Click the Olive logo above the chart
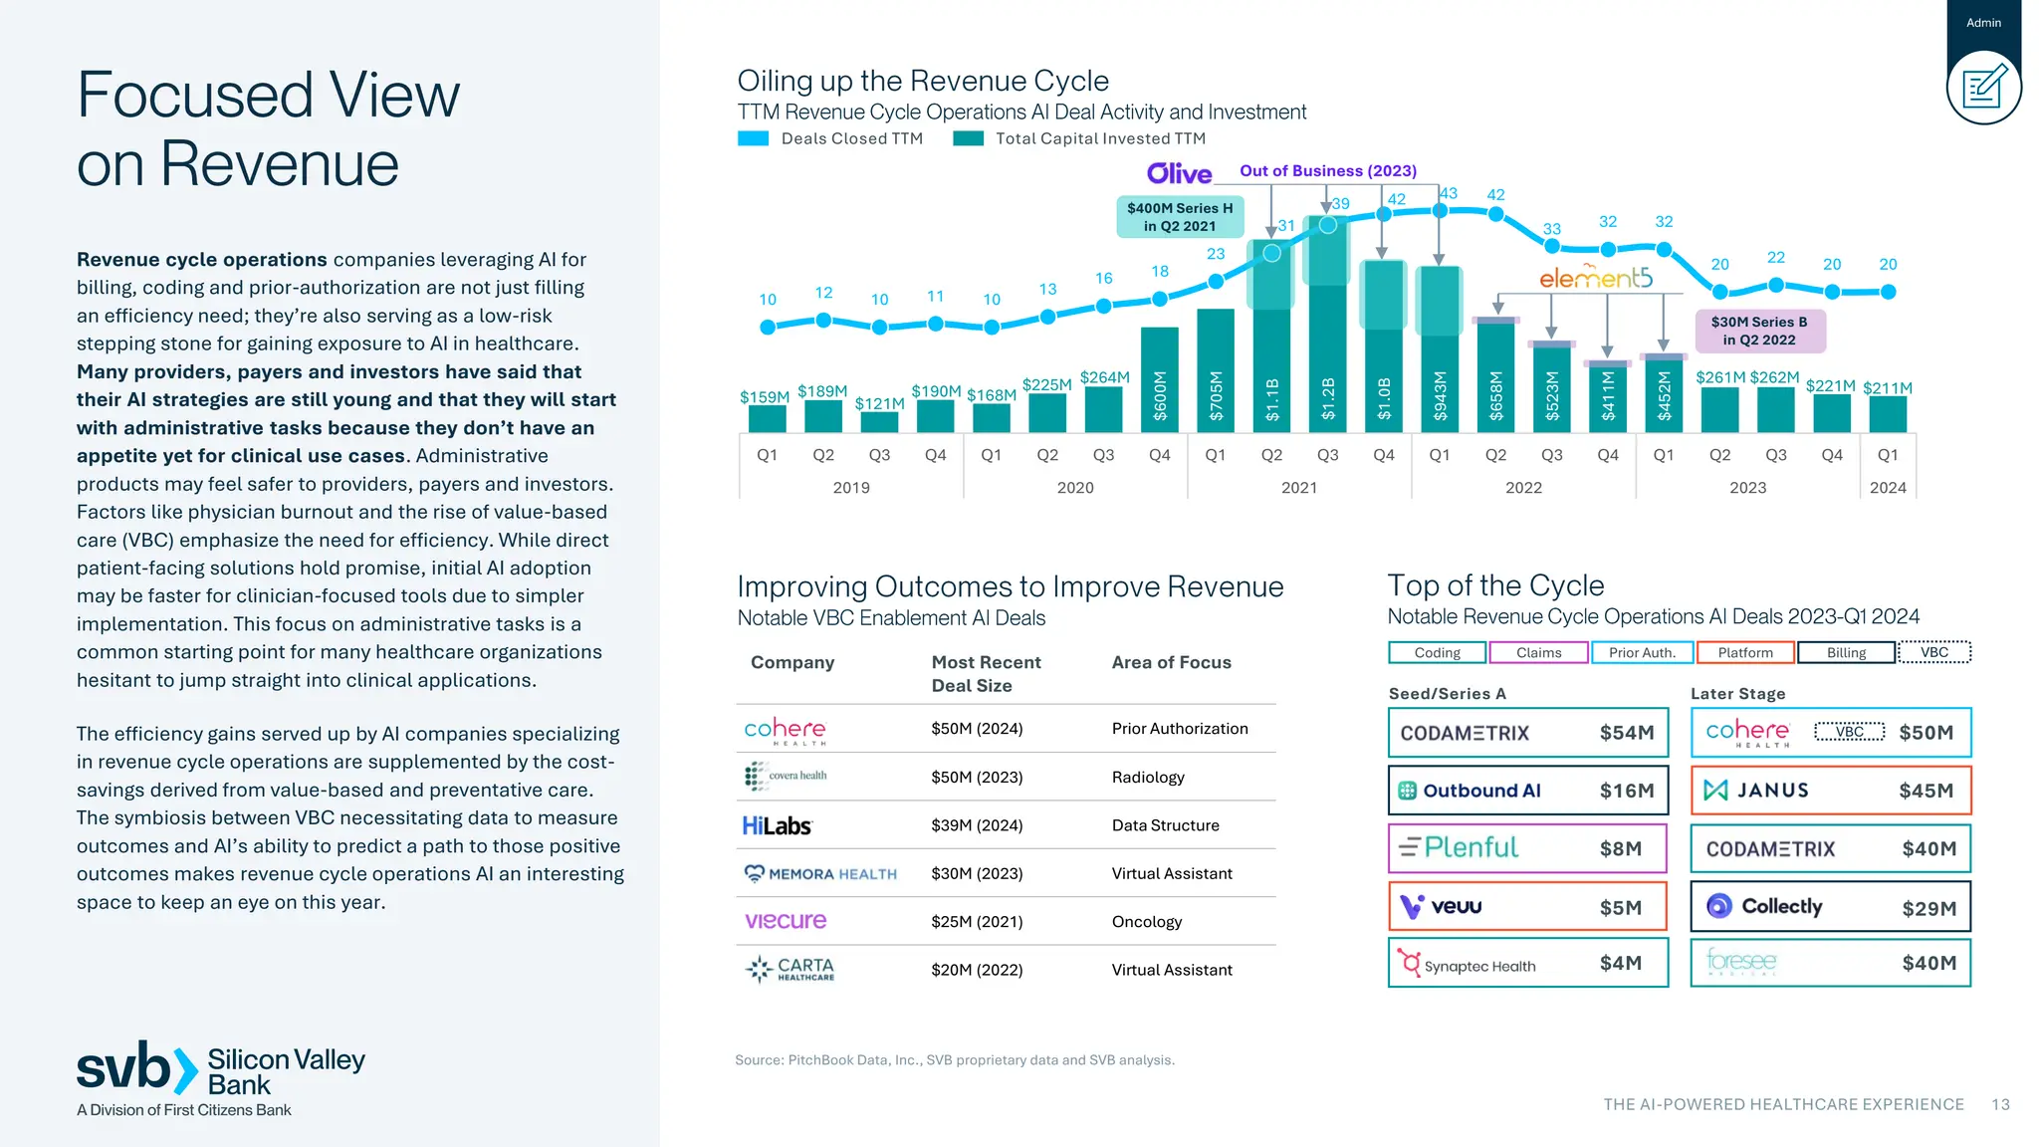coord(1179,173)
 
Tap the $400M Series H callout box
coord(1179,217)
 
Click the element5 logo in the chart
coord(1595,278)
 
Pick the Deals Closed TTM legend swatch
coord(753,138)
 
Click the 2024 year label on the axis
coord(1887,488)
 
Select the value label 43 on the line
coord(1449,193)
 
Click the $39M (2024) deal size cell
coord(977,825)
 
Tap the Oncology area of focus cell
coord(1147,922)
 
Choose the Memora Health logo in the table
coord(821,874)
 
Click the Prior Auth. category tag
coord(1642,653)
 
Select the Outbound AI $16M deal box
coord(1527,791)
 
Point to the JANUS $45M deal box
coord(1830,791)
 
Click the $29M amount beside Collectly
coord(1928,908)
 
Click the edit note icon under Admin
coord(1983,88)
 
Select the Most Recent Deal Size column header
coord(986,674)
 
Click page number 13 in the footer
coord(2000,1104)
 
